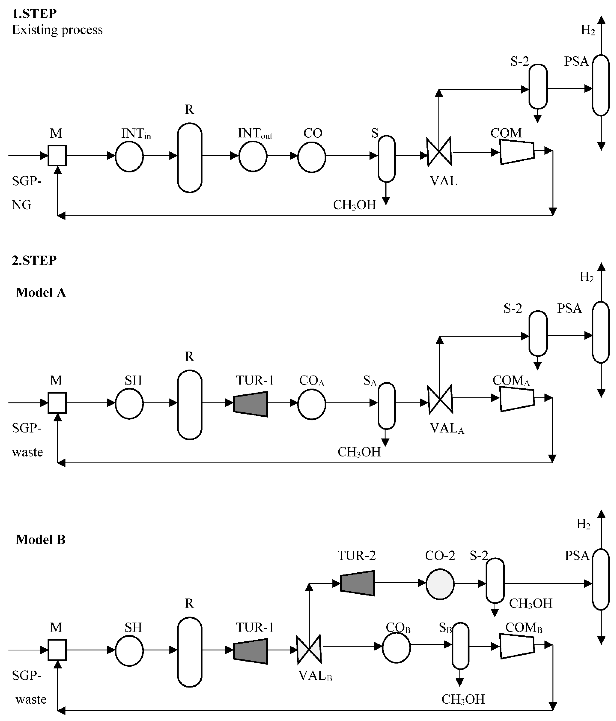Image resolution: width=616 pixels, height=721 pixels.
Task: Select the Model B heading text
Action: tap(41, 539)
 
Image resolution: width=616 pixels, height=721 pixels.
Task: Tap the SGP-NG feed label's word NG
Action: tap(21, 205)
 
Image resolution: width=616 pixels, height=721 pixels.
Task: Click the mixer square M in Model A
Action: tap(57, 403)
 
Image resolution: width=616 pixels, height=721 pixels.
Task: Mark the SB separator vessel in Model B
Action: tap(460, 646)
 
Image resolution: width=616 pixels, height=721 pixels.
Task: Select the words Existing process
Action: tap(57, 30)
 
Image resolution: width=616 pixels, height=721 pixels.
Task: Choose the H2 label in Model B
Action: tap(583, 524)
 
